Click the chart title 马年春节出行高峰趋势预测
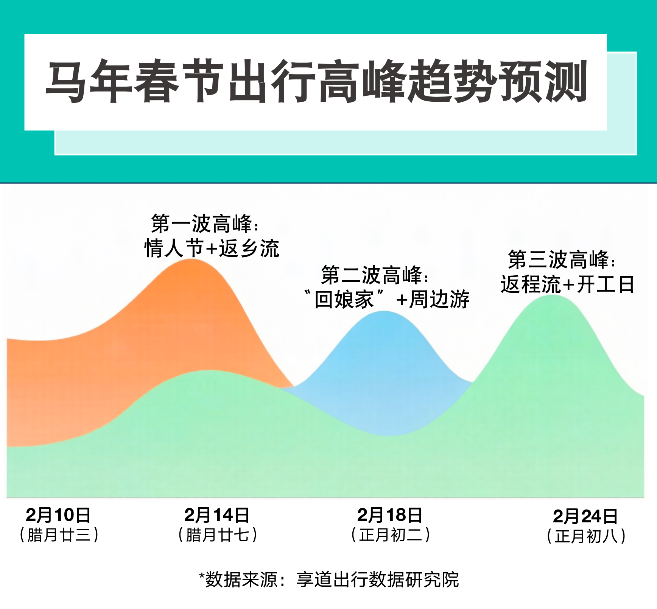(x=316, y=81)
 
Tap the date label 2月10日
(x=58, y=515)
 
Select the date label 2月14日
(x=217, y=515)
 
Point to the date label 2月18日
(x=390, y=515)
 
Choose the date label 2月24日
(x=585, y=516)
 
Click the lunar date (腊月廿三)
(x=59, y=535)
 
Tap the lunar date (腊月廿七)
(x=218, y=535)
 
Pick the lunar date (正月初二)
(x=391, y=535)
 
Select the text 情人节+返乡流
(x=212, y=248)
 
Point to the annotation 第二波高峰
(x=371, y=275)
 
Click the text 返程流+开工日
(x=567, y=284)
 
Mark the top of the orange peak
(x=192, y=259)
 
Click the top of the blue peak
(x=384, y=311)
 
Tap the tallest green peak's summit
(x=553, y=295)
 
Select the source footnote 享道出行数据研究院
(x=377, y=579)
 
